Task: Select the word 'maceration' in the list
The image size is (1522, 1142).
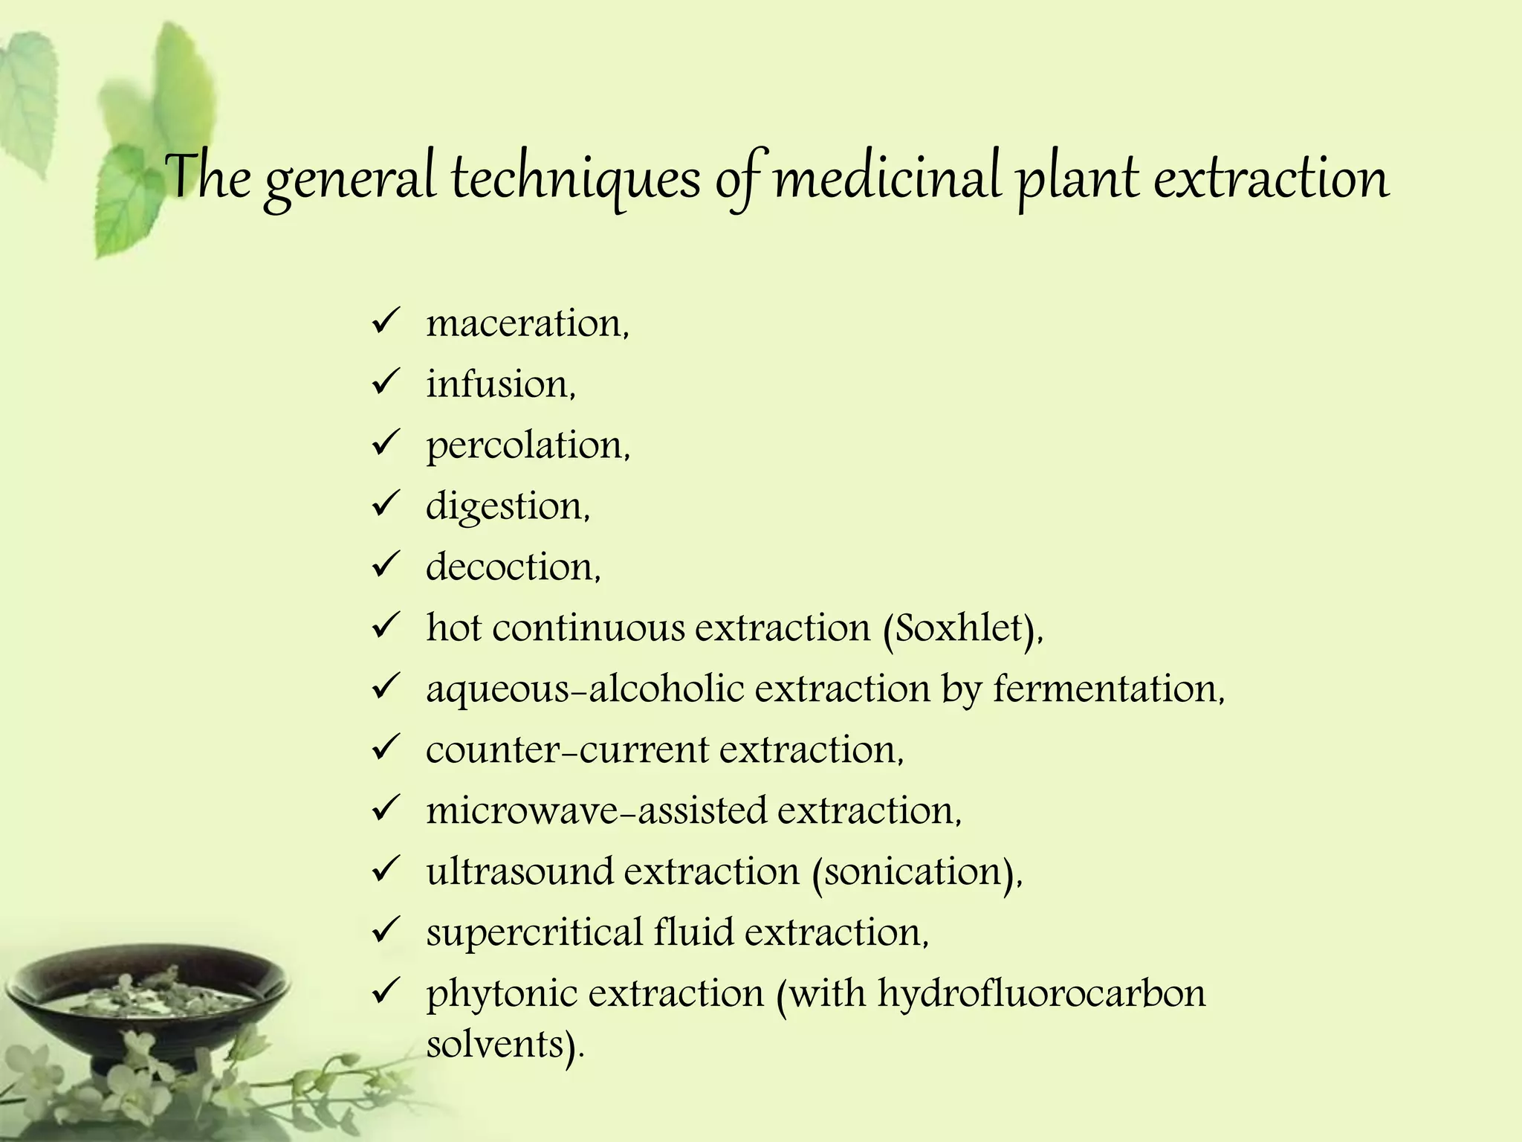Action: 525,324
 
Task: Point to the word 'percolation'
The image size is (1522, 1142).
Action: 526,446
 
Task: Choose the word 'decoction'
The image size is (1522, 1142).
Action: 511,567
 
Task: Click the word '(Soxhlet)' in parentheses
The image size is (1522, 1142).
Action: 962,629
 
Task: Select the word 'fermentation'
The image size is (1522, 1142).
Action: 1107,689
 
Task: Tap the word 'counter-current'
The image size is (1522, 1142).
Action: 567,750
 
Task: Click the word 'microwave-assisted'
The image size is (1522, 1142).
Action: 596,811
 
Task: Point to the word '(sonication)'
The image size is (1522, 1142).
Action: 916,873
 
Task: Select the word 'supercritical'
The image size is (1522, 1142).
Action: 534,933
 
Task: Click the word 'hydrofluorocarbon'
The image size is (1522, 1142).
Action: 1041,994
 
